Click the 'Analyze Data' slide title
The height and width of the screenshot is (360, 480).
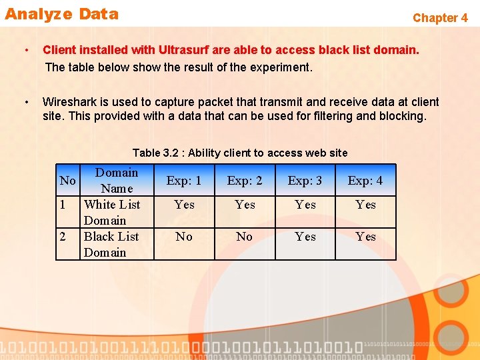(x=61, y=14)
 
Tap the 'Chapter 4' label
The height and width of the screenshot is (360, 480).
(x=440, y=18)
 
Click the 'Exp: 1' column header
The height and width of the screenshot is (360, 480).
(x=184, y=181)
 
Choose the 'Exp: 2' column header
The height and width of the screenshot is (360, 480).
(x=245, y=181)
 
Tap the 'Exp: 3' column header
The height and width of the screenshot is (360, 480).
(x=305, y=181)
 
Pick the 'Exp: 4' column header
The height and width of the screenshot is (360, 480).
(x=365, y=181)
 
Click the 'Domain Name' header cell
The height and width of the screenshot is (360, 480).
(x=117, y=180)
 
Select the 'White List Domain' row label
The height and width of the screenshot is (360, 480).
(x=112, y=212)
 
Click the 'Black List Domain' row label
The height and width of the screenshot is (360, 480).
(x=111, y=244)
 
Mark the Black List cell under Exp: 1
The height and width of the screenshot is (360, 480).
(x=184, y=237)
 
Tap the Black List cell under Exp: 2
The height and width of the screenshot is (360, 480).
(x=245, y=237)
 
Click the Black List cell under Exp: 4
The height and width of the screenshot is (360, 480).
(x=365, y=237)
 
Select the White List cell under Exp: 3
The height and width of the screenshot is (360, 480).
(x=305, y=205)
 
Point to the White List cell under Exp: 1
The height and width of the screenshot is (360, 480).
(x=184, y=205)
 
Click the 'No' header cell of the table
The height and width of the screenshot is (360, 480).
(x=67, y=181)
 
